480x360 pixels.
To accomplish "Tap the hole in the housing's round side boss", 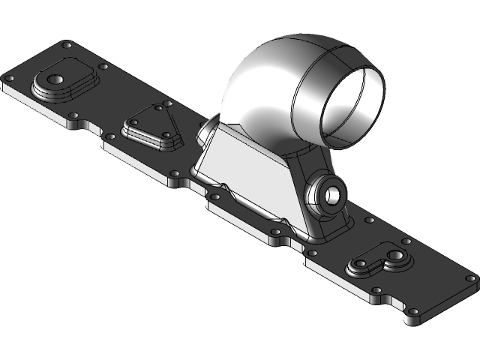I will click(x=332, y=195).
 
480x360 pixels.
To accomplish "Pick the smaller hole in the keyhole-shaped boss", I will click(x=361, y=265).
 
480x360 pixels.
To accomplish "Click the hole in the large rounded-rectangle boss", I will click(x=55, y=79).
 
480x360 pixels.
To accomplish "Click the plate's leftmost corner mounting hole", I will click(x=10, y=77).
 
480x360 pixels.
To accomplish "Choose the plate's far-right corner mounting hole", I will click(x=470, y=277).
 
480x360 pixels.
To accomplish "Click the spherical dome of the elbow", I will click(x=262, y=82).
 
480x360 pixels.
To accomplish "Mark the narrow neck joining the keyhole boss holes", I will click(x=376, y=261).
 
